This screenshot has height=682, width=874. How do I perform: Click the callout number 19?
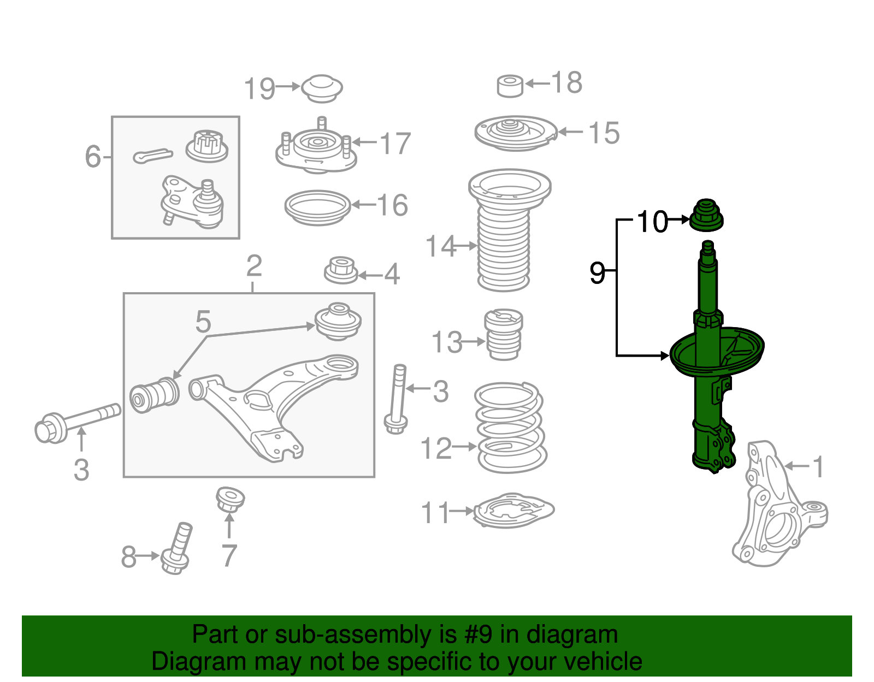point(259,88)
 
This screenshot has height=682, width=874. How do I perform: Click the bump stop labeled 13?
point(504,335)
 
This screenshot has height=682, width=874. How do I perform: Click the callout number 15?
point(604,133)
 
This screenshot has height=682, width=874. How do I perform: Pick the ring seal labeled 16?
point(317,207)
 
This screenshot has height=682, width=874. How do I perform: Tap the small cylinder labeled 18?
point(510,87)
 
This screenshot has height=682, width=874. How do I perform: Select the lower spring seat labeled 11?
point(512,511)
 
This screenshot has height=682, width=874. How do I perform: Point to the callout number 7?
point(229,556)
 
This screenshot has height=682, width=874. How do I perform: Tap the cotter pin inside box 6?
point(152,156)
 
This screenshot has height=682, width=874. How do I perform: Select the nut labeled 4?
point(341,271)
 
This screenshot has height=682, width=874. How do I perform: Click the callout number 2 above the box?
point(254,266)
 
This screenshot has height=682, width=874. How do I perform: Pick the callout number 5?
point(203,322)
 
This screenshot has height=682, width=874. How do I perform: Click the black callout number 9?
point(597,272)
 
